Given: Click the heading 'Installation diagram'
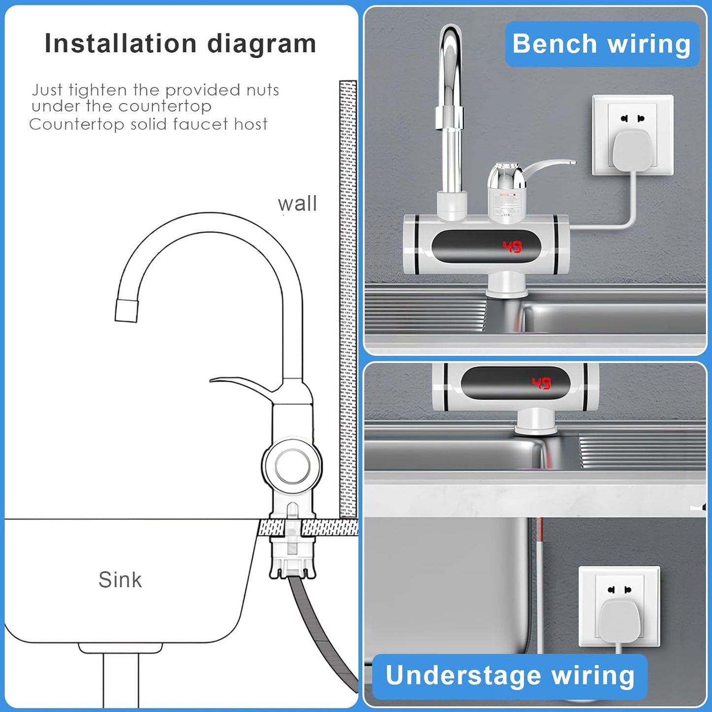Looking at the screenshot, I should tap(180, 43).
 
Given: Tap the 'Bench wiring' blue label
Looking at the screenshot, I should tap(602, 44).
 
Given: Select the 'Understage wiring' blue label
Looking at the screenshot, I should tap(509, 675).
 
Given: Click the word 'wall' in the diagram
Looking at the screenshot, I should tap(297, 203).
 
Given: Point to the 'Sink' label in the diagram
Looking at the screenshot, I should tap(120, 579).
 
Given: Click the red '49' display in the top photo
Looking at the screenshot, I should tap(512, 246).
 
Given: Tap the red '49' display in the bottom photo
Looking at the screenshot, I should tap(541, 383).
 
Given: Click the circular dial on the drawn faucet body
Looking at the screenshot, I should tap(292, 466).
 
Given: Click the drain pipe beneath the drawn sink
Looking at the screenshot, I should tap(121, 680).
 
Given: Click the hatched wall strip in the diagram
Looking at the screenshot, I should tap(348, 296).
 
